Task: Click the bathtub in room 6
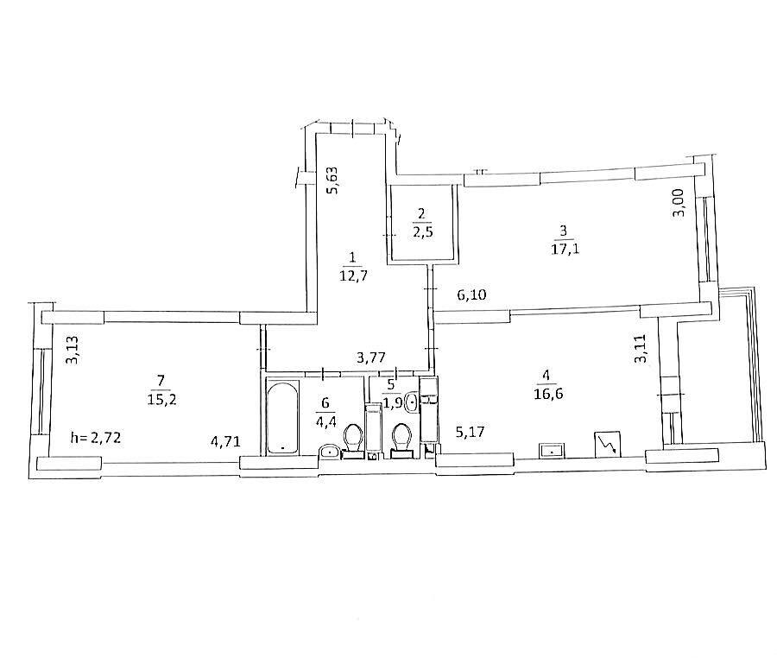[283, 416]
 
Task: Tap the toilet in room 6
[354, 439]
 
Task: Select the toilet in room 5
[401, 439]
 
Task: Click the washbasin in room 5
[413, 402]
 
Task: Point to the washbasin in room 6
[330, 452]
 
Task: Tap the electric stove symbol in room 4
[608, 443]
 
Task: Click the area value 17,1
[565, 248]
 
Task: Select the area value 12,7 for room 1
[353, 275]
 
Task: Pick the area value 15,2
[161, 399]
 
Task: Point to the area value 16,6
[548, 394]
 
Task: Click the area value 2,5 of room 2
[422, 232]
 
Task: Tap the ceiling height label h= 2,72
[96, 438]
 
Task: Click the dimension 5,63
[332, 180]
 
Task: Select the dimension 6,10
[471, 295]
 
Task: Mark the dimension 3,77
[371, 357]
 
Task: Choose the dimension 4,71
[226, 441]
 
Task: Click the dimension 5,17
[471, 432]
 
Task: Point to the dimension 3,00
[679, 202]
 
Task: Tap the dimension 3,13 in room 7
[73, 350]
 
